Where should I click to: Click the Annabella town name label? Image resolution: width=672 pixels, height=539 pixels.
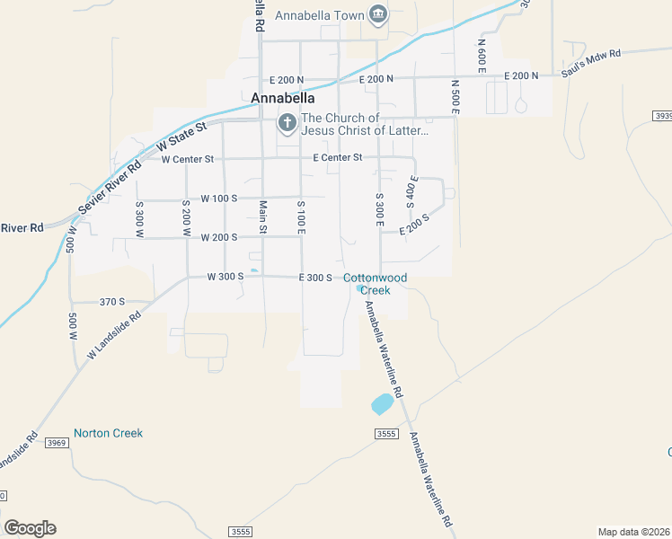click(x=283, y=97)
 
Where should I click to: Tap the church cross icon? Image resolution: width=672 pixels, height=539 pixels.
click(x=287, y=123)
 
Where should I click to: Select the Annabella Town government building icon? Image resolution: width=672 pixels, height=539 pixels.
click(x=377, y=15)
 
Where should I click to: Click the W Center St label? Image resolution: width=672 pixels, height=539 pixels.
click(x=187, y=159)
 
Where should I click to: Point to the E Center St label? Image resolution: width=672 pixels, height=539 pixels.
click(x=337, y=157)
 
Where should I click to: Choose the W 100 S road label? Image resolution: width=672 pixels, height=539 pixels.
click(x=218, y=198)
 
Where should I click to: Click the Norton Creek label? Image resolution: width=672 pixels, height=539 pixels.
click(x=108, y=433)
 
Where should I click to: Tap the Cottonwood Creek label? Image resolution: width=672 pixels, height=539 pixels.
click(x=376, y=284)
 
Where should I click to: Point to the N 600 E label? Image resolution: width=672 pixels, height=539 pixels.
click(x=482, y=56)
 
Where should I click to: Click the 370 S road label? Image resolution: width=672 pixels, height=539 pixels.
click(x=112, y=303)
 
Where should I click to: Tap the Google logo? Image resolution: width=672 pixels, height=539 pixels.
click(x=30, y=528)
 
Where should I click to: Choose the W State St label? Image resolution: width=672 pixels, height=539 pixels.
click(x=181, y=136)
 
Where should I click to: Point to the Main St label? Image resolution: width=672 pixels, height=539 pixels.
click(x=263, y=217)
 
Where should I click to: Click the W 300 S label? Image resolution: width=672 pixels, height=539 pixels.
click(x=225, y=277)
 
